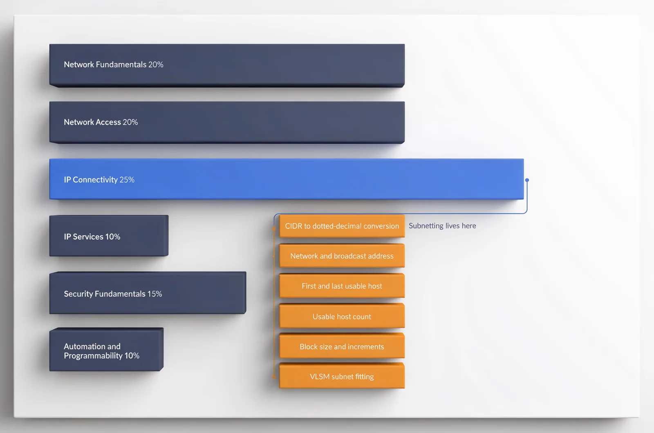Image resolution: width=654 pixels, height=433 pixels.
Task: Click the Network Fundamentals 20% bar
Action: click(227, 65)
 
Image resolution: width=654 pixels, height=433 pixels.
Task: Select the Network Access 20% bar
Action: click(227, 122)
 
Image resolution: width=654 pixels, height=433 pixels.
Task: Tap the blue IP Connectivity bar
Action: click(287, 179)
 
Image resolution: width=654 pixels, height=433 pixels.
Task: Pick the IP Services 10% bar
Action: click(109, 236)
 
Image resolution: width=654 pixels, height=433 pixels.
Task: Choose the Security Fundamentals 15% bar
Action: click(148, 293)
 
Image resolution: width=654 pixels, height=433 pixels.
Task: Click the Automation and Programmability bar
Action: click(106, 350)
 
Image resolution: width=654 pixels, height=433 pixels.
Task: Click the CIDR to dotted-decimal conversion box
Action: click(342, 226)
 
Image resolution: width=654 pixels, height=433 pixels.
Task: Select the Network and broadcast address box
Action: click(342, 256)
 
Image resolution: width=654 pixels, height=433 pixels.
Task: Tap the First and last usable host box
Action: click(342, 286)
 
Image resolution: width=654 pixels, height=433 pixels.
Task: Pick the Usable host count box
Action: click(342, 316)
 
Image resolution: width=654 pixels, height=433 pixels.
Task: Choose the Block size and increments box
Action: click(342, 346)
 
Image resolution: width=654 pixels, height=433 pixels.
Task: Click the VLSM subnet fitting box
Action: click(342, 376)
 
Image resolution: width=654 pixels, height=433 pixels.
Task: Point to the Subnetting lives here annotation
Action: click(442, 226)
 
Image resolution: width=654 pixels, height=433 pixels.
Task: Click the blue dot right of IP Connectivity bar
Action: click(527, 180)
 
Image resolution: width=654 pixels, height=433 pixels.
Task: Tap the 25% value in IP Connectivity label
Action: click(127, 180)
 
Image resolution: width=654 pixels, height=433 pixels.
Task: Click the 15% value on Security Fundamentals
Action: click(155, 294)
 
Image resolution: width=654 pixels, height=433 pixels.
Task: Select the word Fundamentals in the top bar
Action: click(121, 65)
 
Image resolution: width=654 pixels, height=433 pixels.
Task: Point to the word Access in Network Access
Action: click(107, 122)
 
